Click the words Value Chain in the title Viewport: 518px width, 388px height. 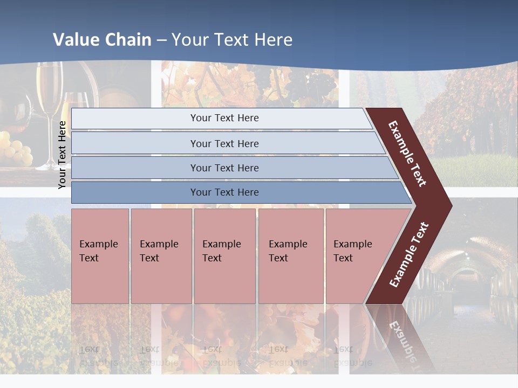click(x=102, y=40)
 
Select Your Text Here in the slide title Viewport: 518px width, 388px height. click(x=232, y=40)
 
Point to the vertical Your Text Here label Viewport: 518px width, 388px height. click(x=62, y=155)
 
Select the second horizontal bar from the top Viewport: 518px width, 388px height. click(x=224, y=143)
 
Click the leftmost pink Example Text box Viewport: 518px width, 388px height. click(x=100, y=255)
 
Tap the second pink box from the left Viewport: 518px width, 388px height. click(x=161, y=255)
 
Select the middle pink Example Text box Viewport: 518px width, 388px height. click(x=224, y=255)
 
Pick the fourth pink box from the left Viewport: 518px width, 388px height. click(x=291, y=255)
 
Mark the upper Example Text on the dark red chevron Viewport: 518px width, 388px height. click(x=407, y=154)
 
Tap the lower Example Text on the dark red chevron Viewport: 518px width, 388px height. click(x=409, y=255)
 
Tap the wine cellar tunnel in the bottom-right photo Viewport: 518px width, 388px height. click(x=464, y=280)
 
